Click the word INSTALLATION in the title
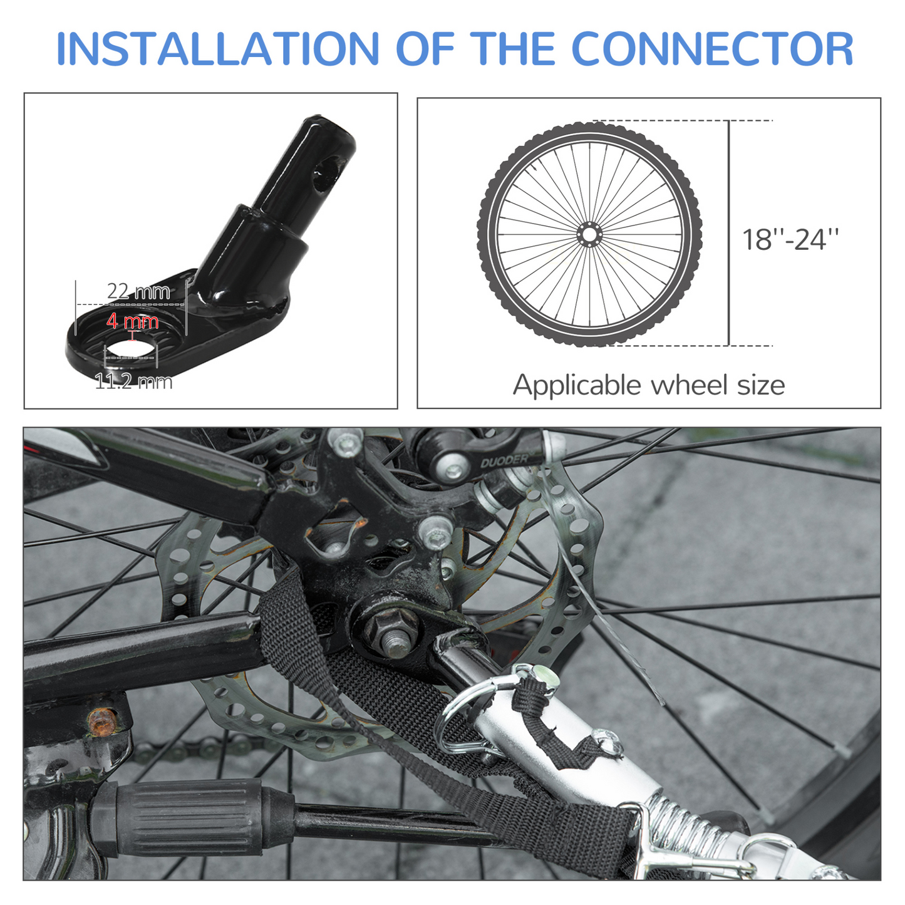[217, 49]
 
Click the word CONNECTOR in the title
[712, 49]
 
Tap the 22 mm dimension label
[138, 292]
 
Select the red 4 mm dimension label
[132, 321]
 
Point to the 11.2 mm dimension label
[134, 381]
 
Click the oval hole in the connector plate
[131, 352]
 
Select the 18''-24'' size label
[790, 239]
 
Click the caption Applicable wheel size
[649, 385]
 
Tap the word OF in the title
[425, 49]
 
